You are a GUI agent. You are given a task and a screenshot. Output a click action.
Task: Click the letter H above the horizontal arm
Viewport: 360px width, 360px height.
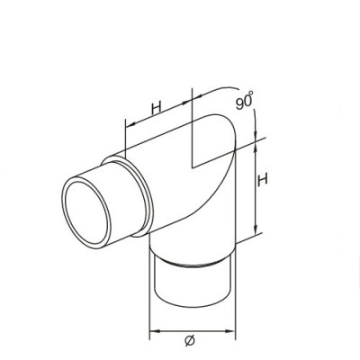tap(156, 108)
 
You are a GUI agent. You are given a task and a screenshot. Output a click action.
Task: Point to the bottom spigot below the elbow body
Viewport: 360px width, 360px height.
tap(193, 286)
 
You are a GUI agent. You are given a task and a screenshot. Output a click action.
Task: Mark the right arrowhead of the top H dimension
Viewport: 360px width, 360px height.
tap(190, 101)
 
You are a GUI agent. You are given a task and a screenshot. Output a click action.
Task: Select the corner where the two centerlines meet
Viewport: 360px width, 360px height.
tap(192, 166)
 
